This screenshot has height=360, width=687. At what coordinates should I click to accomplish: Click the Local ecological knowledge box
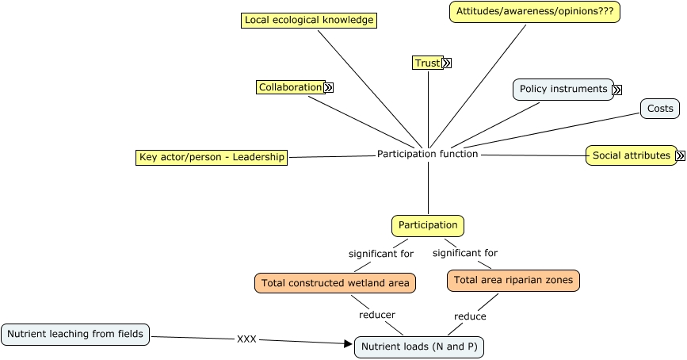[309, 21]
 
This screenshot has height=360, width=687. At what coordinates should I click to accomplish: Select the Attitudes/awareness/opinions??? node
[535, 12]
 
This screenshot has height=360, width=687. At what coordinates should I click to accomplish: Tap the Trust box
[427, 63]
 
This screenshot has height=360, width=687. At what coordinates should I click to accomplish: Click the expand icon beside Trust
[447, 63]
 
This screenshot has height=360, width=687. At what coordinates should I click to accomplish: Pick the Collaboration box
[290, 87]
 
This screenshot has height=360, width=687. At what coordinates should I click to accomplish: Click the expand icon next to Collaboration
[329, 87]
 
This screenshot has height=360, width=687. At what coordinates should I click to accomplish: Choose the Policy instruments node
[563, 90]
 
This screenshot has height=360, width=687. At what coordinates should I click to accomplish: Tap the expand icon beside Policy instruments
[617, 90]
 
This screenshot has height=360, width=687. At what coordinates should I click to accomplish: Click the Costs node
[660, 109]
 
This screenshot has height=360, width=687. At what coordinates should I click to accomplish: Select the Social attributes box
[631, 155]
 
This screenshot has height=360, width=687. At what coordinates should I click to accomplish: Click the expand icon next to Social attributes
[680, 156]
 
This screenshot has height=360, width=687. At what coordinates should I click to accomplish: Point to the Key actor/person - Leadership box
[212, 158]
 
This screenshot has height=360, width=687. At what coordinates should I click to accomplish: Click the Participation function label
[428, 155]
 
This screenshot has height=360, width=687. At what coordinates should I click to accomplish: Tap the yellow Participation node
[428, 226]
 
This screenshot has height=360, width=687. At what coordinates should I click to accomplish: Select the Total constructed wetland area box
[336, 283]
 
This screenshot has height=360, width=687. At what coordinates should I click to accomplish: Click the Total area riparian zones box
[513, 280]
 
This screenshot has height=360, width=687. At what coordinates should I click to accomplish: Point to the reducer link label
[377, 315]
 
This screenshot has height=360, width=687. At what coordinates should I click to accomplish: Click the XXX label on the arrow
[246, 339]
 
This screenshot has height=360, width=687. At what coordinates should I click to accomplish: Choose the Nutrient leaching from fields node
[76, 335]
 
